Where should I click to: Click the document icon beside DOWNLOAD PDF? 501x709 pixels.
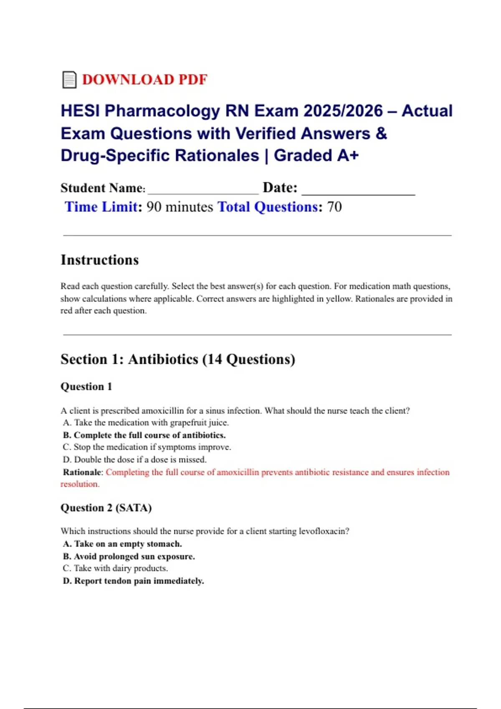point(69,80)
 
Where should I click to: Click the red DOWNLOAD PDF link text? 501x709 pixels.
point(144,80)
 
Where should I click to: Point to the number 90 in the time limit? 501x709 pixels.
point(154,207)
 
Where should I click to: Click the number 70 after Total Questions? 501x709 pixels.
point(334,207)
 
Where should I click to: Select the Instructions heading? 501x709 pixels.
point(99,260)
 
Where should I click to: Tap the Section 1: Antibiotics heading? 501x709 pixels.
point(177,359)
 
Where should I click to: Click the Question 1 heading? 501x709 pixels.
point(86,387)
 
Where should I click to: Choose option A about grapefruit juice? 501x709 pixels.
point(146,422)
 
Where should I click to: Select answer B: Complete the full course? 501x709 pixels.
point(144,435)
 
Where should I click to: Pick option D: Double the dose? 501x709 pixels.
point(134,460)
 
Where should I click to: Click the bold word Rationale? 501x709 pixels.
point(82,472)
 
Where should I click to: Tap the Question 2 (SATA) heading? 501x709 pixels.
point(106,508)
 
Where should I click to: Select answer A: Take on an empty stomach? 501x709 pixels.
point(122,544)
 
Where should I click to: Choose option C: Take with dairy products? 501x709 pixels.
point(115,568)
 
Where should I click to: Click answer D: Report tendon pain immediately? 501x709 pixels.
point(133,581)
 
